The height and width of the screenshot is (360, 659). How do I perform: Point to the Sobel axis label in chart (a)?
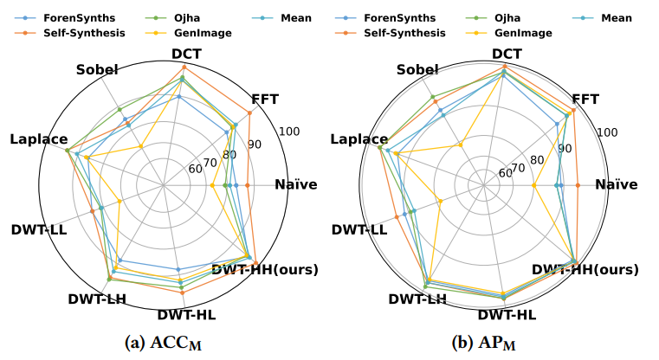[x=98, y=70]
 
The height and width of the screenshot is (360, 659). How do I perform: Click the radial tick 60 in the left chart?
[x=196, y=169]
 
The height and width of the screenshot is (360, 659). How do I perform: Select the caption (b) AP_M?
[x=487, y=343]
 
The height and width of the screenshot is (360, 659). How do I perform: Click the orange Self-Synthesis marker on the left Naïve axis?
[x=248, y=185]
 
